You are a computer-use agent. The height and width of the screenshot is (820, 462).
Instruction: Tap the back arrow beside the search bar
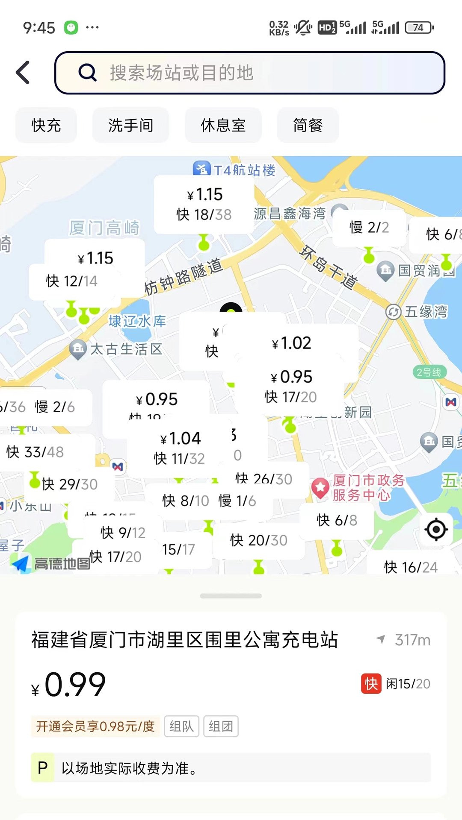point(23,73)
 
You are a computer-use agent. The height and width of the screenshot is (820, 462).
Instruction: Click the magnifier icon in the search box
point(88,73)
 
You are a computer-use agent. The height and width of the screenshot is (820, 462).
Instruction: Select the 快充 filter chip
point(46,126)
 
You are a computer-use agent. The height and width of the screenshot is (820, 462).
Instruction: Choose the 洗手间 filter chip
point(130,126)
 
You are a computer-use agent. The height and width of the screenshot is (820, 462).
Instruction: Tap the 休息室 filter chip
point(223,126)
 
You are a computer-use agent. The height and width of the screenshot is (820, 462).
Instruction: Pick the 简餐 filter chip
point(308,126)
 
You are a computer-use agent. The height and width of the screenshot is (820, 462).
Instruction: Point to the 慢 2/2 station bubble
point(369,228)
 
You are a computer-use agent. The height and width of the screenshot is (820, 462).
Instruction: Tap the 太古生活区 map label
point(126,349)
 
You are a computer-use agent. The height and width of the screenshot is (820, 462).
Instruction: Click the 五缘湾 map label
point(426,312)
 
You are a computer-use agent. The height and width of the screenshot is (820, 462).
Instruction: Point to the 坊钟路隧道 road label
point(184,277)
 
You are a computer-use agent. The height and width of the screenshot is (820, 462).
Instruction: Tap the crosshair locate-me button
point(436,530)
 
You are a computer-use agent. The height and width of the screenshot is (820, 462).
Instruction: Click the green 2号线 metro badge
point(429,372)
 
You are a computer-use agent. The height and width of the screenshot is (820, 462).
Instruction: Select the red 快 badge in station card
point(371,684)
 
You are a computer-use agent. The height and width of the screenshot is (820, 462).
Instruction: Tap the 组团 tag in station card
point(221,726)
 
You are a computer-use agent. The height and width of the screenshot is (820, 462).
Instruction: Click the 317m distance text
point(412,640)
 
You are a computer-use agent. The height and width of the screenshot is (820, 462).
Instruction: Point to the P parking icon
point(42,768)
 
